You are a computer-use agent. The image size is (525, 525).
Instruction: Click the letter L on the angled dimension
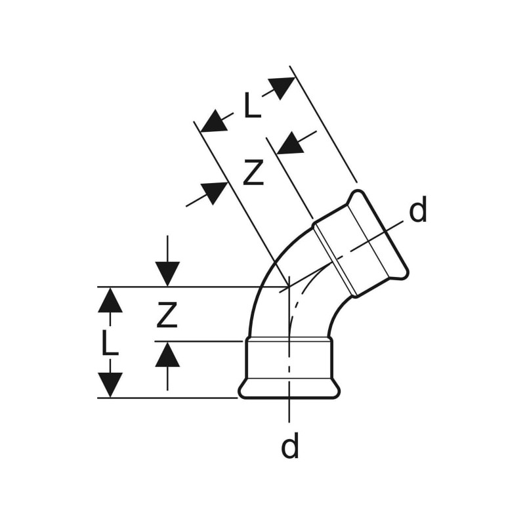252,106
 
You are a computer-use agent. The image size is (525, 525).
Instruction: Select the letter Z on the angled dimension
253,174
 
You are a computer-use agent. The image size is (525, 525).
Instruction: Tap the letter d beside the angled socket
418,211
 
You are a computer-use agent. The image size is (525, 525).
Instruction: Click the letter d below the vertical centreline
290,447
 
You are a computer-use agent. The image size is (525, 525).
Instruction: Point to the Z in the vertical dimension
167,316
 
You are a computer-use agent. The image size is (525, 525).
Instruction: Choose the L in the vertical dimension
110,343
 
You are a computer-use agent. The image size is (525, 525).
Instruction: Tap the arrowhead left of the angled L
213,122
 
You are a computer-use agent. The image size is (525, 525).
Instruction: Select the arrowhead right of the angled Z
290,143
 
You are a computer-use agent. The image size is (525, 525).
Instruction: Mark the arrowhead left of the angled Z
214,192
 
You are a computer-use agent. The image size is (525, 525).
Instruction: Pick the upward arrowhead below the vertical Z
167,356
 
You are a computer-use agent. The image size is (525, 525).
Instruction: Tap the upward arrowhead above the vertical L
110,301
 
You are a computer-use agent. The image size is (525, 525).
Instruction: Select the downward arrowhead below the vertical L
110,385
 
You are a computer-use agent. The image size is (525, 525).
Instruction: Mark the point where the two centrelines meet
289,287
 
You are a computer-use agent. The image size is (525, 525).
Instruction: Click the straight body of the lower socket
289,358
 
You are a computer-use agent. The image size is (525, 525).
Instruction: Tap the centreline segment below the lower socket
289,410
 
